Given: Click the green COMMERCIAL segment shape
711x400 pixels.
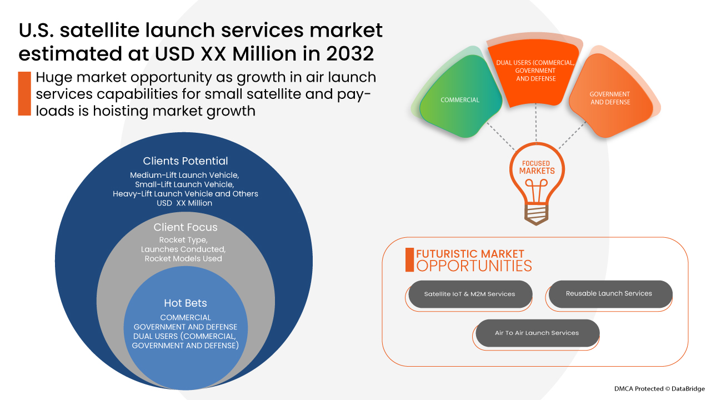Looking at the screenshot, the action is (x=460, y=97).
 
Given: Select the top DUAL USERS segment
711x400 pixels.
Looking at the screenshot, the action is (x=535, y=73).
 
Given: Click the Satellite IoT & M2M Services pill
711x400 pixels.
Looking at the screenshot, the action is (x=470, y=294).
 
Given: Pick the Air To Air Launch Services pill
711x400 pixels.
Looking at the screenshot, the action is (x=537, y=333).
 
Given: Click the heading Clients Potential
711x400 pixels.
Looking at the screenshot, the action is (x=186, y=161).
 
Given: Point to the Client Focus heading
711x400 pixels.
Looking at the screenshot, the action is (x=186, y=227).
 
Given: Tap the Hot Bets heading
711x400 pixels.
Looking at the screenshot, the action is (x=186, y=303).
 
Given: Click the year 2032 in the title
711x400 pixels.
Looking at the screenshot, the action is (x=350, y=54).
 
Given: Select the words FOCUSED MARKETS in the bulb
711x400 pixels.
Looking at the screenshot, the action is (x=537, y=167).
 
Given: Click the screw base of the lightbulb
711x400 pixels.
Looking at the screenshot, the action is (x=536, y=214).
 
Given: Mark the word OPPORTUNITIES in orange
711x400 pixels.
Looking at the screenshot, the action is (x=474, y=266).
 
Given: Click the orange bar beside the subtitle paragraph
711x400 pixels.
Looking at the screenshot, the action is (x=24, y=94).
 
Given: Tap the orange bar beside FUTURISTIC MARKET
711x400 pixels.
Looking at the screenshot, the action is (x=409, y=259).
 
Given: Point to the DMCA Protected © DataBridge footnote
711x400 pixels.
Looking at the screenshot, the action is (x=659, y=389).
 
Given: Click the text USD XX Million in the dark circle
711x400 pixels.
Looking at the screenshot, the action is (x=184, y=203).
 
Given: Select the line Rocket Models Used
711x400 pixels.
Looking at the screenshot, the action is (x=183, y=259).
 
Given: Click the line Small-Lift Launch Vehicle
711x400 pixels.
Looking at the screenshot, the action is (x=184, y=184).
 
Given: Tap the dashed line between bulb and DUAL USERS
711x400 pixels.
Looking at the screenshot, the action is (x=536, y=123).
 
